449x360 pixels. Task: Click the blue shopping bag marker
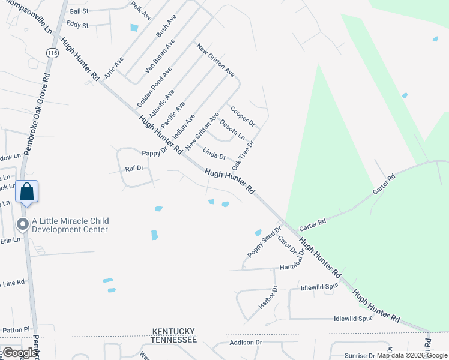click(27, 192)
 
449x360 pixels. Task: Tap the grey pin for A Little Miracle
click(23, 224)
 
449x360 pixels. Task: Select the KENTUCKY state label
click(174, 331)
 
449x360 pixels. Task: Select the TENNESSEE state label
click(173, 340)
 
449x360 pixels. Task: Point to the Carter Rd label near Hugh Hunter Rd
click(312, 222)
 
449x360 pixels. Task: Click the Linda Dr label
click(214, 153)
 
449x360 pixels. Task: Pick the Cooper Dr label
click(243, 116)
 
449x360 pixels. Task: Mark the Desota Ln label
click(232, 130)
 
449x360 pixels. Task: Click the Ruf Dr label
click(134, 168)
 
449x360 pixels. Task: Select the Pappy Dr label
click(154, 153)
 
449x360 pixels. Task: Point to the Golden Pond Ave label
click(154, 87)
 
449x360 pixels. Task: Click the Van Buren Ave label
click(159, 56)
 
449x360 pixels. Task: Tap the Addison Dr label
click(246, 343)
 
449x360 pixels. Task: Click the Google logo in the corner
click(20, 353)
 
